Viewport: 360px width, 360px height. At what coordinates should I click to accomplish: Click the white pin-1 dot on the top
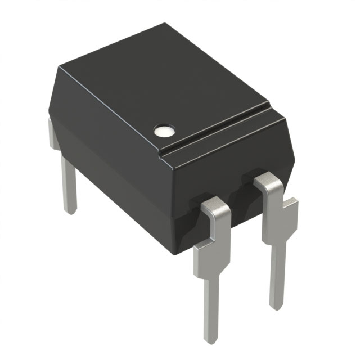tap(163, 131)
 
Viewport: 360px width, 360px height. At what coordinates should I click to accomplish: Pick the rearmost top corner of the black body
tap(166, 24)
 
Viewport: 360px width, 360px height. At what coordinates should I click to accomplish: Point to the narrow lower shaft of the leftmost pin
tap(68, 186)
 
